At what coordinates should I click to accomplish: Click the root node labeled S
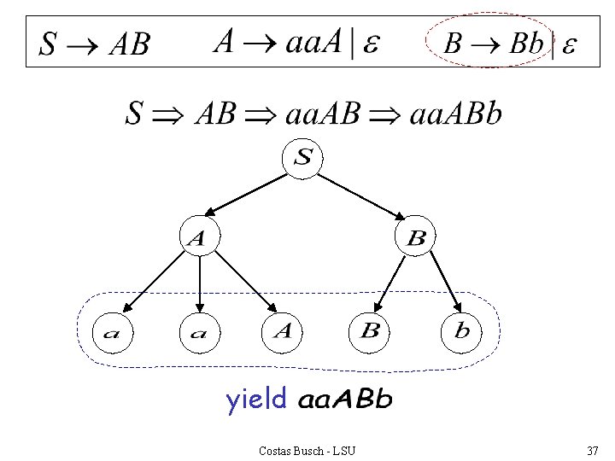304,159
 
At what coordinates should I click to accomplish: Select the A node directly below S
197,238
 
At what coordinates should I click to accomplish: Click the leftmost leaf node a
112,333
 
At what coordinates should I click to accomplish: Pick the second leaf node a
198,333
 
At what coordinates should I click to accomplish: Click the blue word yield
255,400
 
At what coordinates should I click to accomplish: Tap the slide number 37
592,449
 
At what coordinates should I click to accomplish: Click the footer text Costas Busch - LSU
307,449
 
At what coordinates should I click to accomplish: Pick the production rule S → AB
95,44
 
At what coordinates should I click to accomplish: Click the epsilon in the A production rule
372,43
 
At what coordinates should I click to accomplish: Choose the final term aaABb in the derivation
456,114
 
